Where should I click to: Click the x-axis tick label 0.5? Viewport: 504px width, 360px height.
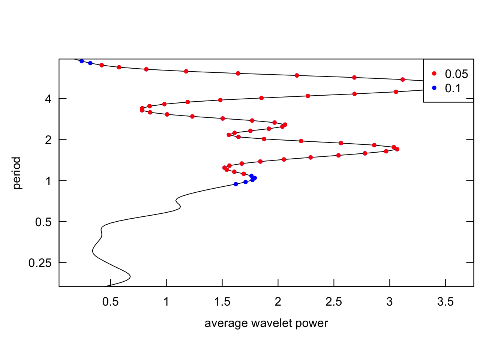point(110,301)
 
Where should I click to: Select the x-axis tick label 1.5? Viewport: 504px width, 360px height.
point(222,301)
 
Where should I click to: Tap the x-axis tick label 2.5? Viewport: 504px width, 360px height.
point(334,301)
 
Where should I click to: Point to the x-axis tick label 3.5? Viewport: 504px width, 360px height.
point(445,301)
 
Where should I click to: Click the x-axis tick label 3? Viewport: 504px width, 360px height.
point(390,301)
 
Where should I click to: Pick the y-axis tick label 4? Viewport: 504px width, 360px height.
point(48,99)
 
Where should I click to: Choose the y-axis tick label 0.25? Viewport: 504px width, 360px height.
point(40,263)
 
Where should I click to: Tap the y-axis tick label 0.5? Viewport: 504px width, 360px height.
point(43,222)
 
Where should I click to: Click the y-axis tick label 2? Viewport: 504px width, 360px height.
point(48,140)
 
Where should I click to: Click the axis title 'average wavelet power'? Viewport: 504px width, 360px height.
point(266,323)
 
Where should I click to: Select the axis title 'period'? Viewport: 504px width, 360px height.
point(17,173)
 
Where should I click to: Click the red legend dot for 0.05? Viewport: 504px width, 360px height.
point(434,73)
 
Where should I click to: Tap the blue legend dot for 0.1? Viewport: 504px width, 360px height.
point(434,88)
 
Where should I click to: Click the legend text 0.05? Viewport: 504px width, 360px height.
point(456,74)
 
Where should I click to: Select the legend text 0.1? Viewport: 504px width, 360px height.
point(453,88)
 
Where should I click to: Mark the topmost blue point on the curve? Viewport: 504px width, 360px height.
point(82,61)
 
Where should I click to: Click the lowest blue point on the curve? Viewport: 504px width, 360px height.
point(236,184)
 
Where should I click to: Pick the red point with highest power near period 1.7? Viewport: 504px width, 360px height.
point(397,149)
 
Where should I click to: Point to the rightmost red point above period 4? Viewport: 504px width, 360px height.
point(402,79)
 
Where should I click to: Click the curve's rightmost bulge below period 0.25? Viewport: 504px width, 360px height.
point(130,277)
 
